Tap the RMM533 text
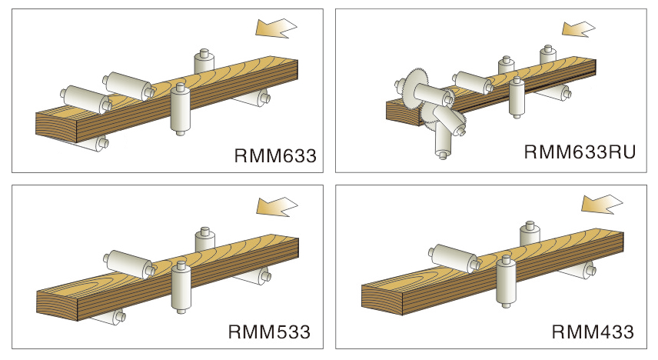pyautogui.click(x=269, y=332)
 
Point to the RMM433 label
pyautogui.click(x=593, y=332)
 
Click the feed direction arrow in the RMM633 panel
pyautogui.click(x=275, y=28)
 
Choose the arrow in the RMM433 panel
pyautogui.click(x=601, y=204)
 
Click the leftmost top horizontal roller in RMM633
pyautogui.click(x=85, y=98)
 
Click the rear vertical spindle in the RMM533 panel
pyautogui.click(x=204, y=239)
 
